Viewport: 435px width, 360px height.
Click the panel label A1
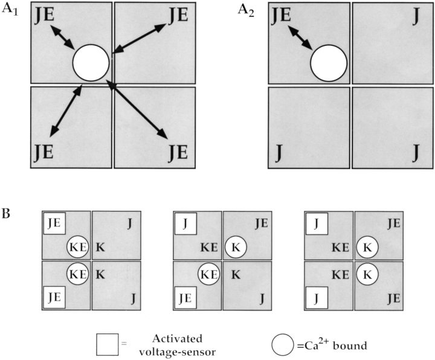[10, 10]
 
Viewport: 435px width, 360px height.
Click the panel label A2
[249, 10]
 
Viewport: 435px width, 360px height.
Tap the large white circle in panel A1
[91, 62]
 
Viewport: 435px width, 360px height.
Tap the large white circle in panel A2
[329, 62]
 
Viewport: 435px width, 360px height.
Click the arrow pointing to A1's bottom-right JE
[138, 109]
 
